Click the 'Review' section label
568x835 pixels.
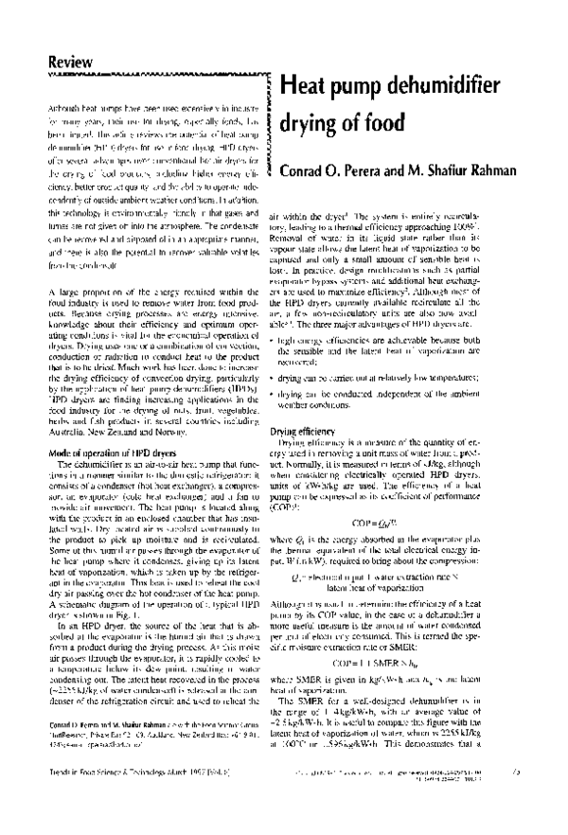pyautogui.click(x=71, y=62)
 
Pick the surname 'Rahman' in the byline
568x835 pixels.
pyautogui.click(x=506, y=171)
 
